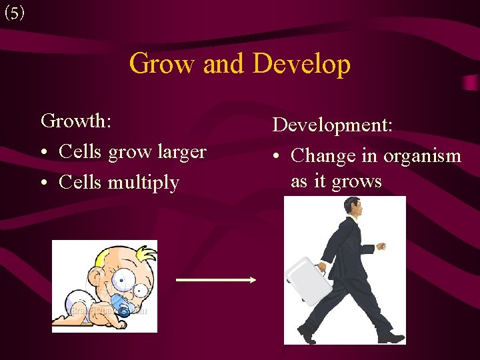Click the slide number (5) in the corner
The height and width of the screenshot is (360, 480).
click(14, 13)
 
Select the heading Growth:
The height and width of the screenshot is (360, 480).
click(76, 121)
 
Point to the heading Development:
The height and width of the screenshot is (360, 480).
click(333, 125)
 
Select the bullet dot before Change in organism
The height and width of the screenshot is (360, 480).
click(277, 157)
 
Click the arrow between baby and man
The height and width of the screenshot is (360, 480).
click(215, 280)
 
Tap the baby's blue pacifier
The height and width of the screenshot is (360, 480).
click(122, 307)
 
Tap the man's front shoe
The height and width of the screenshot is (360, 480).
click(391, 336)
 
